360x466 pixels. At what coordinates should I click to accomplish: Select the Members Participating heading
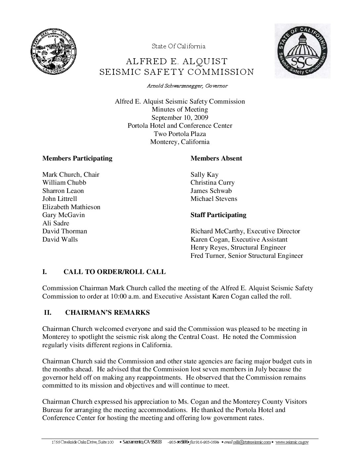tap(77, 158)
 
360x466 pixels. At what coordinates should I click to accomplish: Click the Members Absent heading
tap(216, 158)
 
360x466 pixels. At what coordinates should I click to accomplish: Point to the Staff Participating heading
tap(218, 215)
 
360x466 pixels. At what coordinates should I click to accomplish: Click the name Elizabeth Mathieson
tap(71, 207)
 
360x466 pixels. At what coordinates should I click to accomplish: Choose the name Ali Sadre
tap(56, 223)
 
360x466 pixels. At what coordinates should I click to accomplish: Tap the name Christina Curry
tap(212, 182)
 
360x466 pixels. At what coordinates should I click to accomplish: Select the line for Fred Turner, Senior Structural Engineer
tap(247, 256)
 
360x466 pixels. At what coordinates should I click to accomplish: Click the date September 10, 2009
tap(180, 117)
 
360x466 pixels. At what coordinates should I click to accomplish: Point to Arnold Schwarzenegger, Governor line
tap(187, 86)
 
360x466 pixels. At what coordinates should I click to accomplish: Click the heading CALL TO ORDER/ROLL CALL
tap(114, 272)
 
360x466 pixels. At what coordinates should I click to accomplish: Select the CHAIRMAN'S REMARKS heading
tap(108, 312)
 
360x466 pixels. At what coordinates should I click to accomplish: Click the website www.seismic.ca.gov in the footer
tap(292, 442)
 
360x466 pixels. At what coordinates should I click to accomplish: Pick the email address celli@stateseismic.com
tap(252, 442)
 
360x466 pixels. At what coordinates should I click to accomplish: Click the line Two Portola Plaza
tap(180, 134)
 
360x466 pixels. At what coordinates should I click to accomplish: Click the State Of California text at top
tap(178, 46)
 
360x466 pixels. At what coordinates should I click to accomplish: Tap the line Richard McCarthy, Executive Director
tap(245, 231)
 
